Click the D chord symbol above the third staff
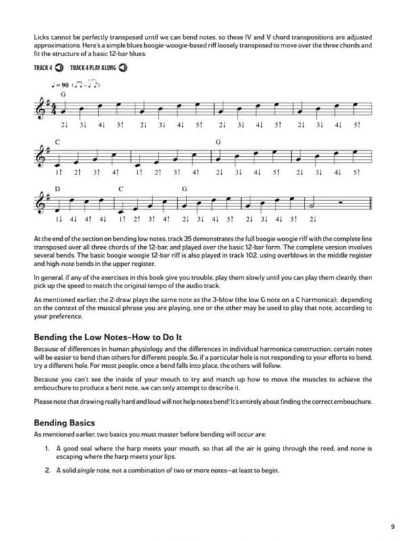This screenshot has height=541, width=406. [58, 189]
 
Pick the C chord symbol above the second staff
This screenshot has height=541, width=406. [58, 142]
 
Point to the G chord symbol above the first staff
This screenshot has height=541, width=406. [63, 95]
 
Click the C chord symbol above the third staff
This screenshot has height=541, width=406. [120, 189]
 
